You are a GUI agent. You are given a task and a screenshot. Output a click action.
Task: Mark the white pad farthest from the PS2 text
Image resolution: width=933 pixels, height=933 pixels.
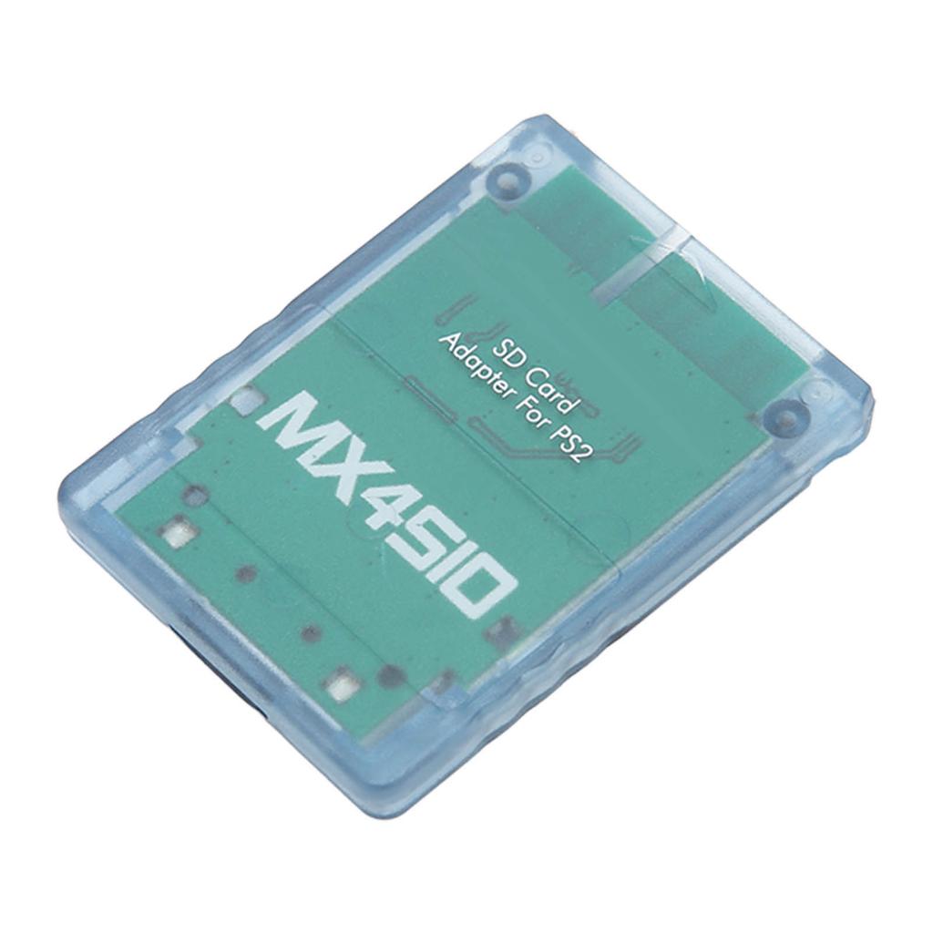pyautogui.click(x=179, y=530)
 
